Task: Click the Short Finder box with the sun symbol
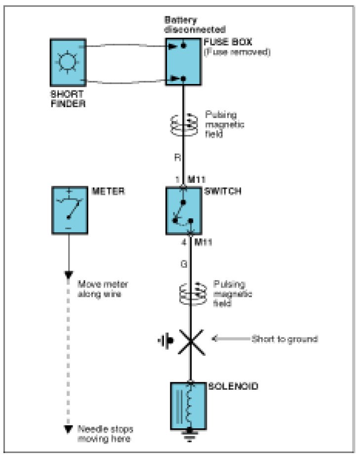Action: [68, 62]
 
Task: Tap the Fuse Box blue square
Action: [183, 63]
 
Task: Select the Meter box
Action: [69, 210]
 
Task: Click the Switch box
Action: [183, 210]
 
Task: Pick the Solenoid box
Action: [188, 405]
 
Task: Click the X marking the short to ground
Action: [191, 340]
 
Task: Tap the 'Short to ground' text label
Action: [284, 339]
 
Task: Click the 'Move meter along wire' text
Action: [103, 289]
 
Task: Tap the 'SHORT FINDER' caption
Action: [68, 98]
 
